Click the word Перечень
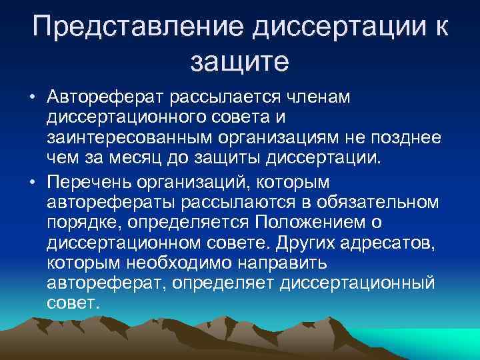(97, 182)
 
